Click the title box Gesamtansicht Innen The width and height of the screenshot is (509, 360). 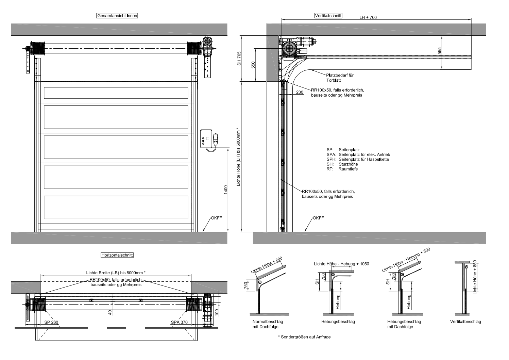click(x=117, y=16)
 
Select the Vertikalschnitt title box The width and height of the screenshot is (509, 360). click(x=328, y=15)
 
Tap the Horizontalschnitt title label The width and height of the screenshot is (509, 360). click(x=117, y=255)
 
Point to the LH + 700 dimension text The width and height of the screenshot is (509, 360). click(x=368, y=17)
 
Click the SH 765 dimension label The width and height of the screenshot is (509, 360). click(x=239, y=59)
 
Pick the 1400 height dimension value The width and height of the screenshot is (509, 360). click(x=226, y=190)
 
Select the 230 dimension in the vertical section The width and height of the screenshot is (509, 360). click(x=300, y=92)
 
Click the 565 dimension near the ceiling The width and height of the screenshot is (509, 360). click(x=439, y=51)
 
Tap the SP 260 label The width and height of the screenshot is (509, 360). click(x=51, y=322)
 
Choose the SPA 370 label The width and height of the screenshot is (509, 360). click(x=179, y=322)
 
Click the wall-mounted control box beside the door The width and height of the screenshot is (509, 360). click(x=206, y=138)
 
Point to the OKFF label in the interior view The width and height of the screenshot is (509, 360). click(x=216, y=218)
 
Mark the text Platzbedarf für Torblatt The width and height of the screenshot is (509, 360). click(x=340, y=78)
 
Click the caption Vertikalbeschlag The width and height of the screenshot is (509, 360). click(x=465, y=322)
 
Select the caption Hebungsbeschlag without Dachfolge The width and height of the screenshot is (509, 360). click(x=338, y=322)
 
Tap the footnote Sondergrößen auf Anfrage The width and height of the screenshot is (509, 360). click(x=304, y=337)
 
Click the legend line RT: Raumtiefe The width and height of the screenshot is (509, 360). click(x=342, y=169)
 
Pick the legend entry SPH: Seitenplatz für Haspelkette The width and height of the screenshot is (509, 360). click(x=358, y=159)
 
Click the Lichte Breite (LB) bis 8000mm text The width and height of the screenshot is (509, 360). click(x=116, y=273)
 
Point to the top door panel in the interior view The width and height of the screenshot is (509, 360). click(x=116, y=93)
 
